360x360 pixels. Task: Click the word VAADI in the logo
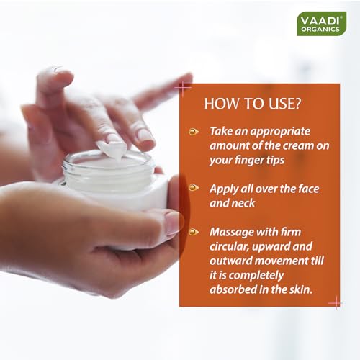point(320,21)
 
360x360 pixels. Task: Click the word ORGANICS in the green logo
point(320,30)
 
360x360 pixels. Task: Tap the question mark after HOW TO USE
point(297,104)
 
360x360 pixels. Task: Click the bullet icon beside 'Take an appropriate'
point(194,132)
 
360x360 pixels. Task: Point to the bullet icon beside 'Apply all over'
point(194,187)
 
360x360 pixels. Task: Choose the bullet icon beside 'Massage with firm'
point(194,232)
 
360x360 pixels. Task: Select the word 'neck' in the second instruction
point(244,203)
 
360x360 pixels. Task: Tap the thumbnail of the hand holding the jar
point(173,222)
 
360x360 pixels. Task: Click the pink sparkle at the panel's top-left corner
point(183,88)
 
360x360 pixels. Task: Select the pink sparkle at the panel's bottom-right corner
point(336,303)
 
